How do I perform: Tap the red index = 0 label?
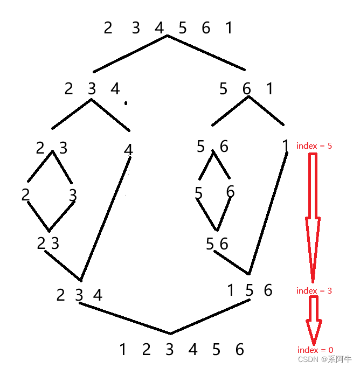point(315,350)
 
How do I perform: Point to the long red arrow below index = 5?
point(313,216)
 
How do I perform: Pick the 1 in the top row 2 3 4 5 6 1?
point(229,27)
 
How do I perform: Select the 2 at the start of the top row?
point(108,27)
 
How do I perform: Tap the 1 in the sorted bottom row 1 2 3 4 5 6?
point(123,350)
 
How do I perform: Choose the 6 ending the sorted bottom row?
point(240,350)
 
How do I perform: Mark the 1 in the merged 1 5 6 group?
point(231,290)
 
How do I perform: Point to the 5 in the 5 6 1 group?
point(223,88)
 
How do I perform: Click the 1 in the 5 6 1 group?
point(269,88)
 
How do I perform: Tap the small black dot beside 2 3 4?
point(126,103)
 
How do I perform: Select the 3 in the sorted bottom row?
point(170,350)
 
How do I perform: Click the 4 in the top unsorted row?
point(159,27)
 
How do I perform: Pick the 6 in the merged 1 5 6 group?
point(268,290)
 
